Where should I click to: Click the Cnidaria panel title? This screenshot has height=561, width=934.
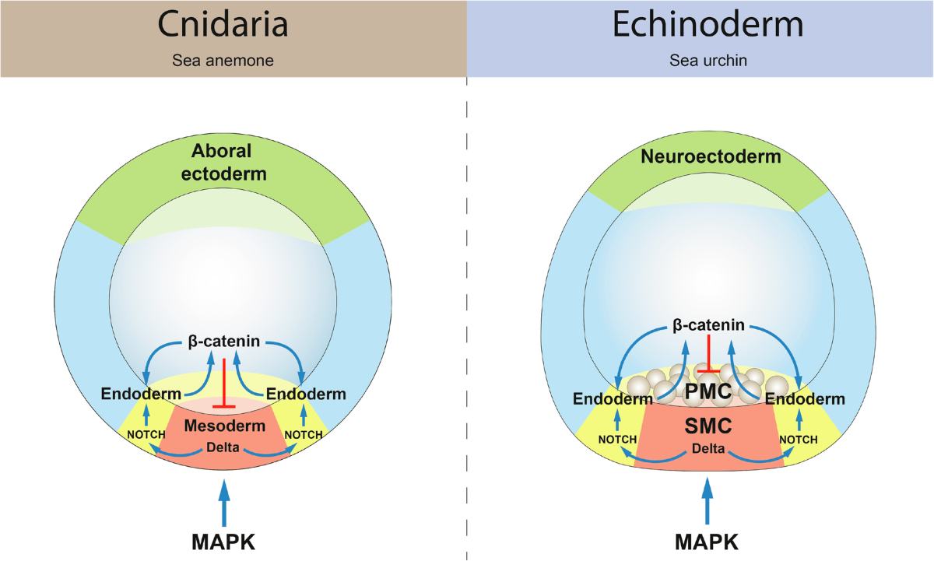point(223,25)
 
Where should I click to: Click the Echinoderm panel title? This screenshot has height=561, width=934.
point(708,25)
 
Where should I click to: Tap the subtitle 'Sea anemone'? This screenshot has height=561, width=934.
point(223,60)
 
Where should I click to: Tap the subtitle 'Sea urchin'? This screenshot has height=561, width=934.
point(708,60)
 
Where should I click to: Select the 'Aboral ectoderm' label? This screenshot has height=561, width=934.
point(223,163)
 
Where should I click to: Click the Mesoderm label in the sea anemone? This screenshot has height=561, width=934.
point(224,427)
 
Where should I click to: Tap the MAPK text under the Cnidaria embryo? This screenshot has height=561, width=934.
point(224,542)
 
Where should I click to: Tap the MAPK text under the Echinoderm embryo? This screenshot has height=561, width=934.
point(708,542)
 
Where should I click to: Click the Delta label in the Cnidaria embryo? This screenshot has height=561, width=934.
point(224,447)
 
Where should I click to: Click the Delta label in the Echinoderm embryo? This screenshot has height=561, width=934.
point(708,449)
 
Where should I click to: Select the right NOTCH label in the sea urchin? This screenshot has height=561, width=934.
point(798,440)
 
